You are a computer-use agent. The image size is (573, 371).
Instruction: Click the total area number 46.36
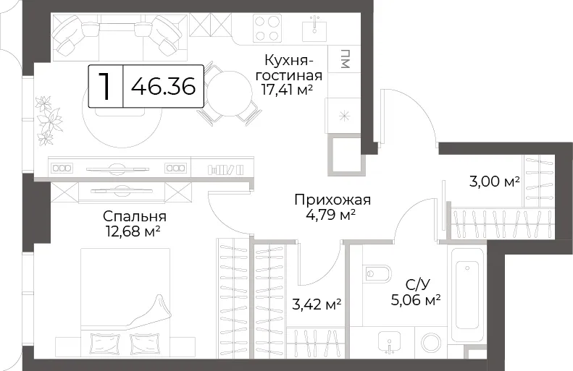[x=163, y=87]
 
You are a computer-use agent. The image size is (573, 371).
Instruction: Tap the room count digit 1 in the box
[x=106, y=86]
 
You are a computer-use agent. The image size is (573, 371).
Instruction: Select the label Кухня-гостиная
[x=289, y=68]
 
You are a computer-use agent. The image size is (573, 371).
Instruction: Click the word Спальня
[x=135, y=217]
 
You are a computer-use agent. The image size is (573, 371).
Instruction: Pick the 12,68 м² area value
[x=133, y=231]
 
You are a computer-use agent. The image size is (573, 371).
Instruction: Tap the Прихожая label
[x=332, y=200]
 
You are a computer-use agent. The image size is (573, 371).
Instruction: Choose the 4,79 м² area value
[x=331, y=215]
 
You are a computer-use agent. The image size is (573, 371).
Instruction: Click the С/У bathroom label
[x=417, y=284]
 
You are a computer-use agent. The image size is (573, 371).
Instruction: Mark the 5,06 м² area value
[x=416, y=300]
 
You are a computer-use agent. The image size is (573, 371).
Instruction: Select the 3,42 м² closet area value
[x=317, y=304]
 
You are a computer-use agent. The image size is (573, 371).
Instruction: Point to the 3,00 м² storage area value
[x=495, y=182]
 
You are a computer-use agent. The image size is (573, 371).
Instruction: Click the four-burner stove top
[x=267, y=28]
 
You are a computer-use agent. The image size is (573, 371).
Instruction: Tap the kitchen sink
[x=314, y=30]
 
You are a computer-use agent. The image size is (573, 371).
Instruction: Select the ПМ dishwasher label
[x=345, y=59]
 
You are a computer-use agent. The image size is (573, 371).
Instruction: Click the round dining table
[x=230, y=94]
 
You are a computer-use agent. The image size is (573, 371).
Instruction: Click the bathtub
[x=467, y=295]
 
